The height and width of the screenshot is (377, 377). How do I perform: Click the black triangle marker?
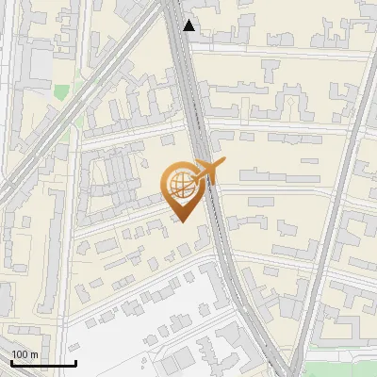[x=189, y=25]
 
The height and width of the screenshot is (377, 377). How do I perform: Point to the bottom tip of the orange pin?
[x=181, y=221]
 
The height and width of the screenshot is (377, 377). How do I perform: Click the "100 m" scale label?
[x=25, y=354]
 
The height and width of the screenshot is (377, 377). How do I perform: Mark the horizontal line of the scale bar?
[x=43, y=364]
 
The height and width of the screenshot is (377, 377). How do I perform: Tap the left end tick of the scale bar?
[x=11, y=362]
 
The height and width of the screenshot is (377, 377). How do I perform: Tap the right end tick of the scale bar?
[x=75, y=362]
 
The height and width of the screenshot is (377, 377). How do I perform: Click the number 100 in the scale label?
[x=19, y=354]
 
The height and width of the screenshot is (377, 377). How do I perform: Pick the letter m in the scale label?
[x=34, y=354]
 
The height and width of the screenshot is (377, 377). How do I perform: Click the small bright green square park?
[x=61, y=92]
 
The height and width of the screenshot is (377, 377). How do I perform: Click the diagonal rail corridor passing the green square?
[x=85, y=104]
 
